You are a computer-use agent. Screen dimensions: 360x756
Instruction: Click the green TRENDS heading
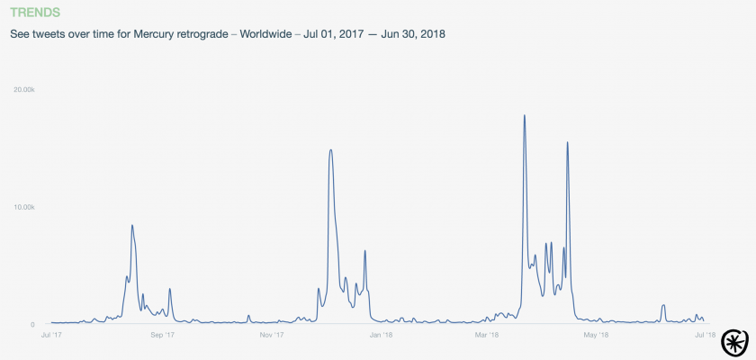click(x=35, y=13)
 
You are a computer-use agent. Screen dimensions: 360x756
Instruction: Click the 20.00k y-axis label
click(x=23, y=90)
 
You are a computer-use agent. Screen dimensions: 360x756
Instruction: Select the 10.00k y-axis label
click(x=23, y=207)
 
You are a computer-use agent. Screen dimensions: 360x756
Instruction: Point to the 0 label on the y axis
click(x=32, y=324)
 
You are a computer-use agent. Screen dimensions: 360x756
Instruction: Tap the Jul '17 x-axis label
click(x=51, y=335)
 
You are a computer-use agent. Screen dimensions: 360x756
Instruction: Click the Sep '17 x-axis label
click(x=162, y=335)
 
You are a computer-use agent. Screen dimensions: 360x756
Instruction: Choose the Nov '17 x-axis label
click(x=272, y=335)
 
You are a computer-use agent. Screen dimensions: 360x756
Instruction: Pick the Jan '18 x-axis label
click(x=381, y=335)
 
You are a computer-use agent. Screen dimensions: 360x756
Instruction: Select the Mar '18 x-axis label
click(x=486, y=335)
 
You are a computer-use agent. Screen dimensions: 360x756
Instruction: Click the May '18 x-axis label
click(x=596, y=335)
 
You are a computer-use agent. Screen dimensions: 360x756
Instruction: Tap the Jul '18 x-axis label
click(x=705, y=335)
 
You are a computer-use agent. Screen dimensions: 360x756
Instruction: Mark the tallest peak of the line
click(x=524, y=115)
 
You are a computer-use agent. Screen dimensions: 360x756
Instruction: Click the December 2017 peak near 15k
click(x=331, y=149)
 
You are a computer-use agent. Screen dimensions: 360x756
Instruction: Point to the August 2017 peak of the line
click(x=132, y=225)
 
